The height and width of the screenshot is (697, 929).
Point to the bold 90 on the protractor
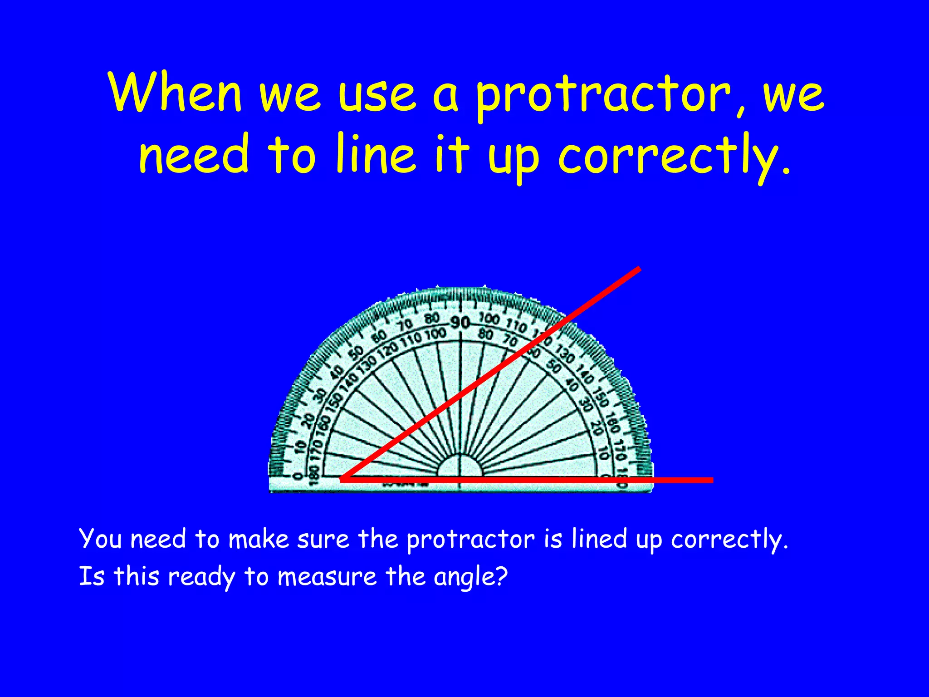tap(460, 323)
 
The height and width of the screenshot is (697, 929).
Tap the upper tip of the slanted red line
tap(639, 269)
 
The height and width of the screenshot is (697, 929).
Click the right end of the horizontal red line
tap(712, 480)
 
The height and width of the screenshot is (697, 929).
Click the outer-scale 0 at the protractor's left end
tap(298, 476)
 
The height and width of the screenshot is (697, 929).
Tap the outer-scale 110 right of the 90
tap(516, 325)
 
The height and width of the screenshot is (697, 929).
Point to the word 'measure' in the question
tap(327, 578)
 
